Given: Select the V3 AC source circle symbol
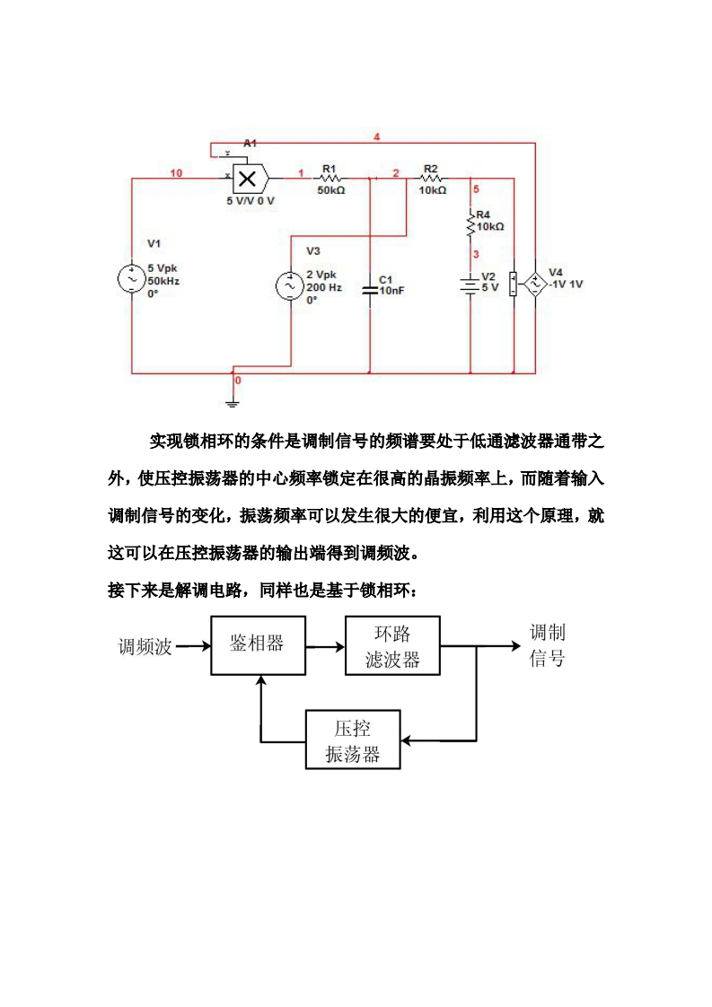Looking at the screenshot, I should point(291,286).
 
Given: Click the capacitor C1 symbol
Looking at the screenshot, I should point(370,289).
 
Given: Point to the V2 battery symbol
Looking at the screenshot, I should point(470,285).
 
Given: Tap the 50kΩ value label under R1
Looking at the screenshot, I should point(330,190).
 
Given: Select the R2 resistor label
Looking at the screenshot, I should point(431,169).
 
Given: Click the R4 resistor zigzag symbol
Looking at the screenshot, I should point(470,224).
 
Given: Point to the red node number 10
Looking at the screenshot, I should point(176,172).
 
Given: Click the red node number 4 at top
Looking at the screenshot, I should point(377,136).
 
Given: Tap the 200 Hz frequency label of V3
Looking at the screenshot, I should point(324,287).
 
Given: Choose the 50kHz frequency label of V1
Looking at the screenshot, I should point(163,281).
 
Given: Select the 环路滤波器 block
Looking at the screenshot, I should point(392,646).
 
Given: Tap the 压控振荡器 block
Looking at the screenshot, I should point(353,740).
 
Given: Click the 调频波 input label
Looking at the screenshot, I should point(145,646).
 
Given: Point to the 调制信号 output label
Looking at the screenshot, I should point(547,645).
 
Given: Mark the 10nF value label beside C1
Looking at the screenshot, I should point(391,291).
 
